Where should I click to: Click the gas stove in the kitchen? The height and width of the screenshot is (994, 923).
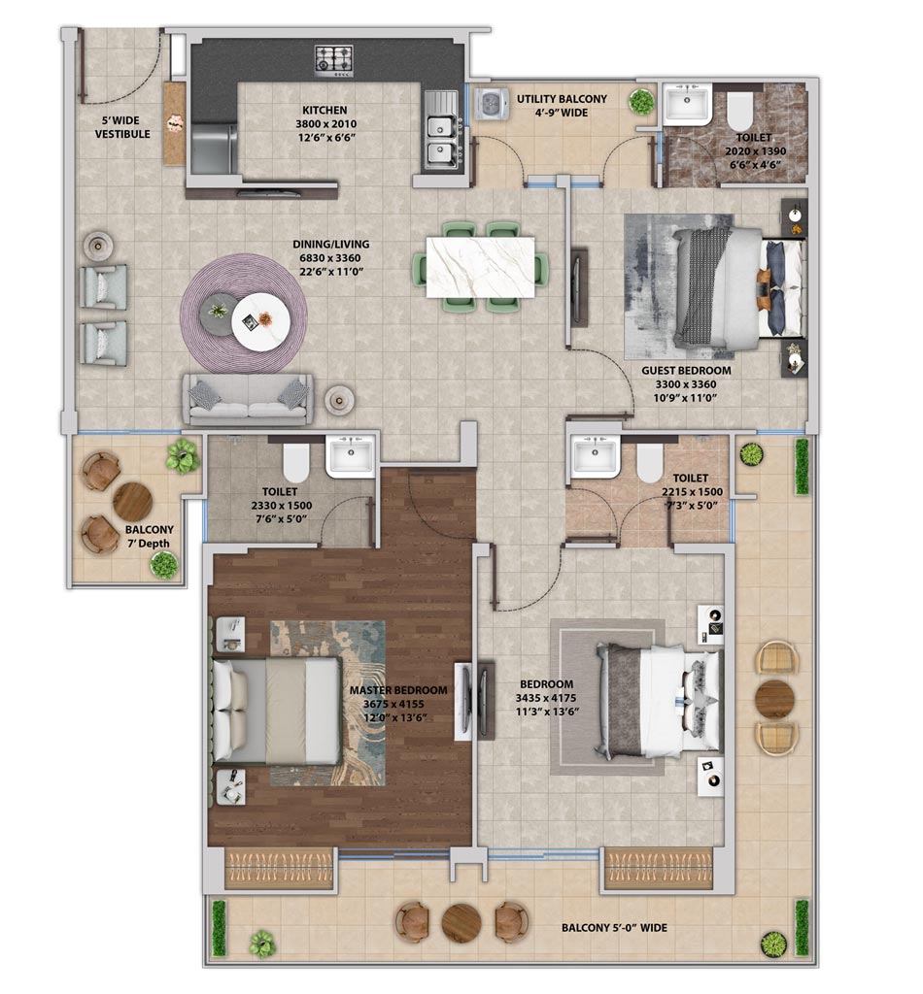pyautogui.click(x=334, y=61)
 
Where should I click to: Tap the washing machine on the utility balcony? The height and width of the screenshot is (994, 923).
pyautogui.click(x=491, y=104)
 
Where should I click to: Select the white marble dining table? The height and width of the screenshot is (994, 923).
pyautogui.click(x=480, y=267)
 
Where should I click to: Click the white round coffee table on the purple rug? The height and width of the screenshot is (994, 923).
pyautogui.click(x=260, y=320)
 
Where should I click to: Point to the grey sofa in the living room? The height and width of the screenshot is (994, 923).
pyautogui.click(x=248, y=399)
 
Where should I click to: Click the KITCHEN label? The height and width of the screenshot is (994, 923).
pyautogui.click(x=325, y=111)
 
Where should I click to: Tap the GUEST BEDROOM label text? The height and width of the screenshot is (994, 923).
pyautogui.click(x=686, y=370)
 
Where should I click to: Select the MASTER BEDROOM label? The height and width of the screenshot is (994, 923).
pyautogui.click(x=398, y=690)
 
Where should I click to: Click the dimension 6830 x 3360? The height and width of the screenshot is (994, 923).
pyautogui.click(x=330, y=258)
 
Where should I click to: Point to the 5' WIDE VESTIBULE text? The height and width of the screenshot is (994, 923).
pyautogui.click(x=122, y=127)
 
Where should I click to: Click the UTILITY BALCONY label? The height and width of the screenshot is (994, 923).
pyautogui.click(x=562, y=99)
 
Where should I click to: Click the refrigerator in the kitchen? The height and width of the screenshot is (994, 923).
pyautogui.click(x=214, y=149)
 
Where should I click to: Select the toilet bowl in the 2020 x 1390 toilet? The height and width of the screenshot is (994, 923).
pyautogui.click(x=739, y=112)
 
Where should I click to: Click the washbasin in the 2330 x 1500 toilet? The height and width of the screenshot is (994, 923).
pyautogui.click(x=350, y=456)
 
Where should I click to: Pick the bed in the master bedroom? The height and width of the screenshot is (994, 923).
pyautogui.click(x=277, y=711)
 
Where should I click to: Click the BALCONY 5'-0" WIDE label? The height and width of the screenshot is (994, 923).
pyautogui.click(x=614, y=928)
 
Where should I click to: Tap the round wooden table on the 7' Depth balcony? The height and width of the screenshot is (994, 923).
pyautogui.click(x=132, y=502)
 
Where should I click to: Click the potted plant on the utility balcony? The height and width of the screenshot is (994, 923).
pyautogui.click(x=641, y=101)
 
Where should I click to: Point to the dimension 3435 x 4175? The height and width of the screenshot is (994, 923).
pyautogui.click(x=546, y=698)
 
